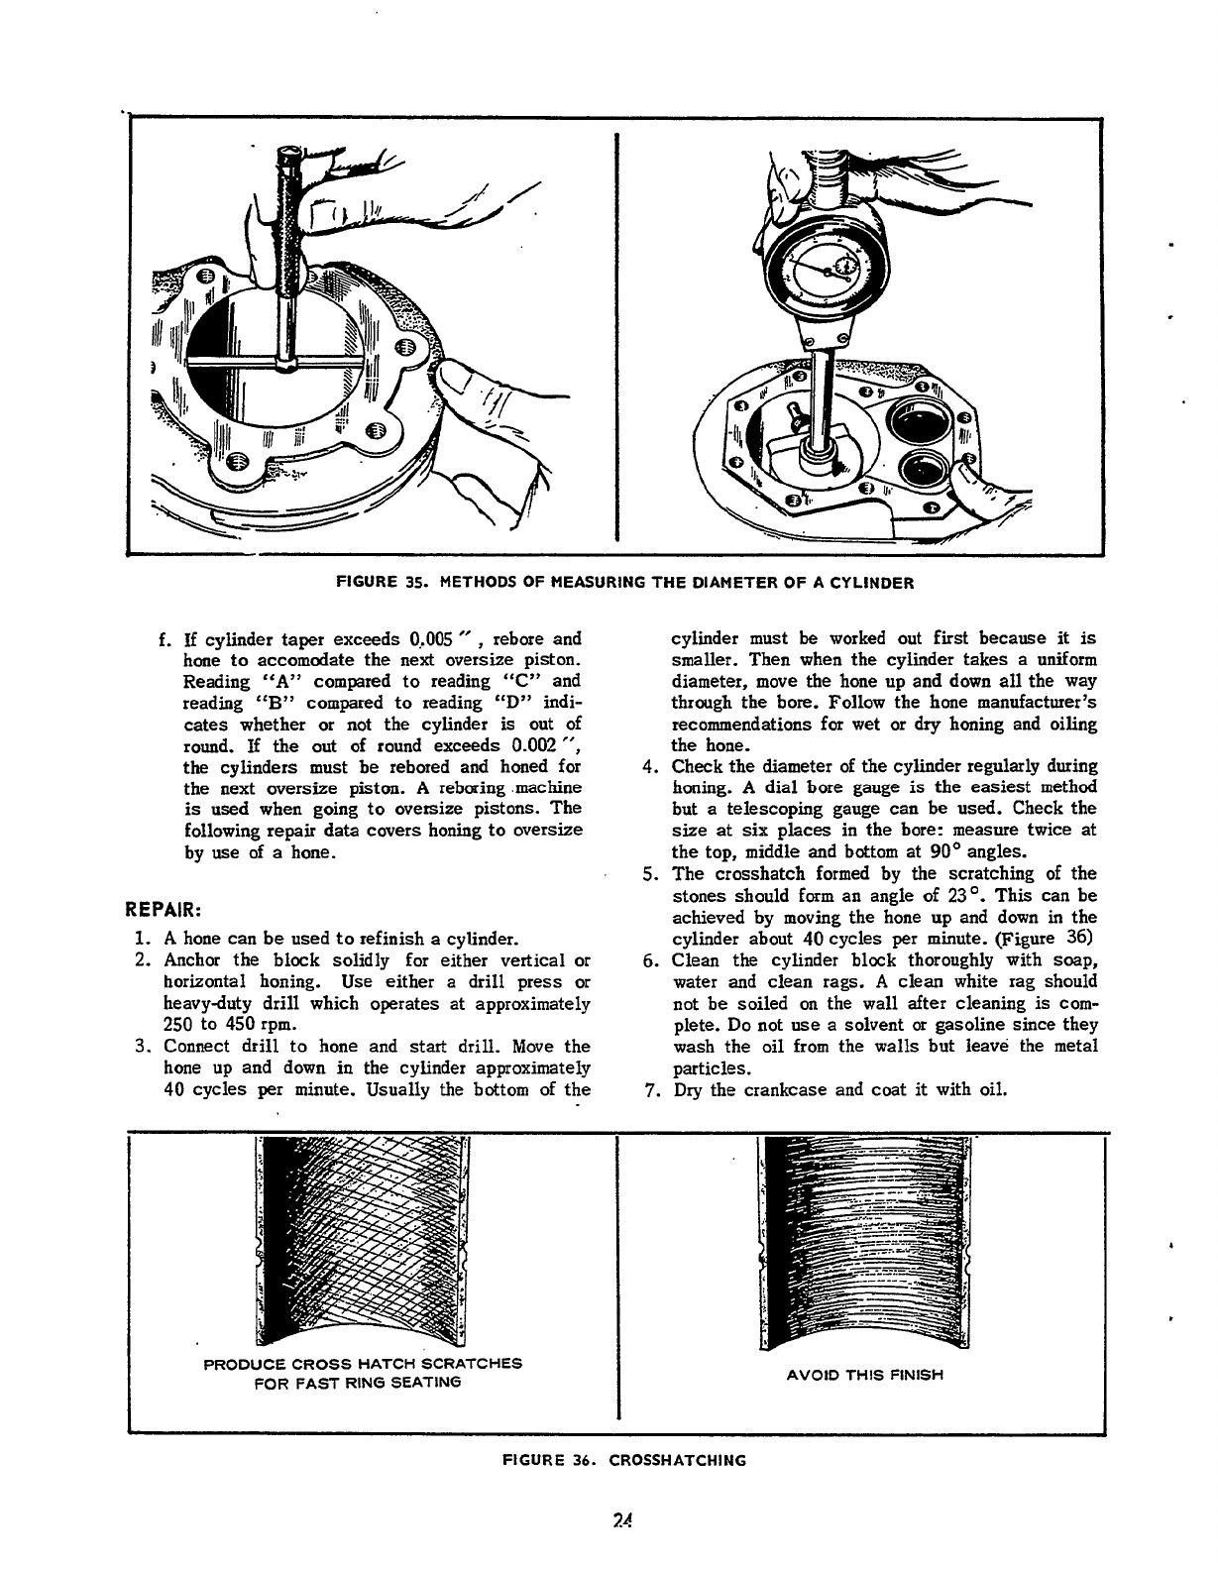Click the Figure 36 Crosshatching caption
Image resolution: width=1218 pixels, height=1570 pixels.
623,1460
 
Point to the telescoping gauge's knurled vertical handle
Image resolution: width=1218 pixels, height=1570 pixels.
288,228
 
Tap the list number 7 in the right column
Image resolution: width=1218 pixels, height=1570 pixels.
650,1090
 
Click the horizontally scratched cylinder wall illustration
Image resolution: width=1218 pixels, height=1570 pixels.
861,1239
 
